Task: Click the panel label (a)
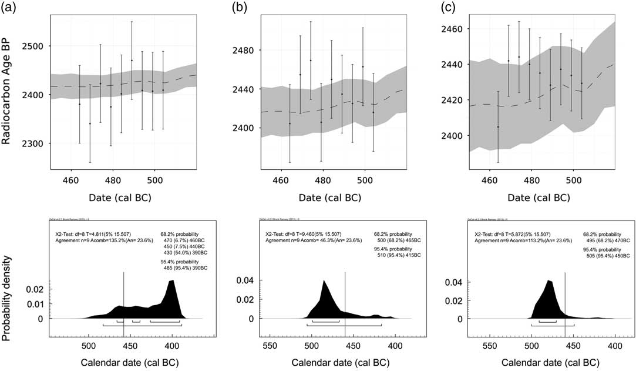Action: [x=10, y=8]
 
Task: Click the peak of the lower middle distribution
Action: [x=324, y=281]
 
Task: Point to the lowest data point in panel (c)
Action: [x=498, y=126]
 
